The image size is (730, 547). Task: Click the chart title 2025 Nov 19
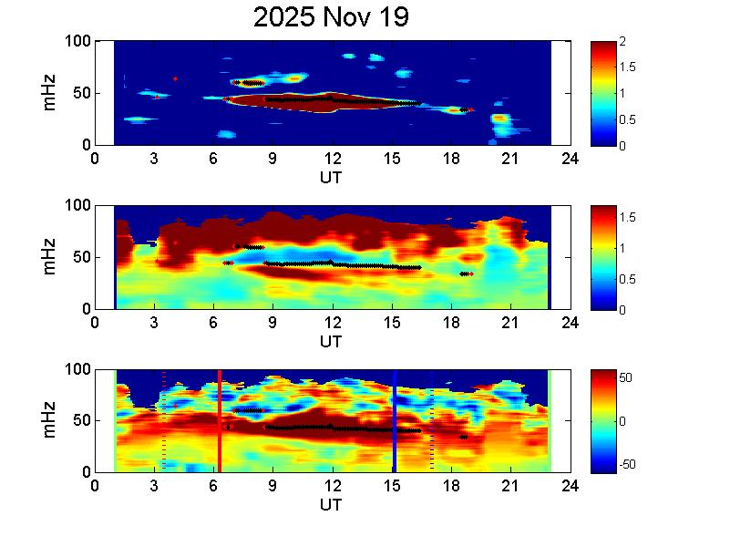[331, 17]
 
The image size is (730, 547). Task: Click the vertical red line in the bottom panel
[219, 420]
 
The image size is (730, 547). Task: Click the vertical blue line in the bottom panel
[395, 420]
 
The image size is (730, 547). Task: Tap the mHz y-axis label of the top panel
[51, 93]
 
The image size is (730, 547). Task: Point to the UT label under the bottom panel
[331, 505]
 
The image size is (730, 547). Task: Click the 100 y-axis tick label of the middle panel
[77, 206]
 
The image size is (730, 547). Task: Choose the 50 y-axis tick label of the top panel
[81, 93]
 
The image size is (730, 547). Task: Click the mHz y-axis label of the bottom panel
[51, 420]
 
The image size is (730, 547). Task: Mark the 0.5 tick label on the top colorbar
[627, 119]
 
